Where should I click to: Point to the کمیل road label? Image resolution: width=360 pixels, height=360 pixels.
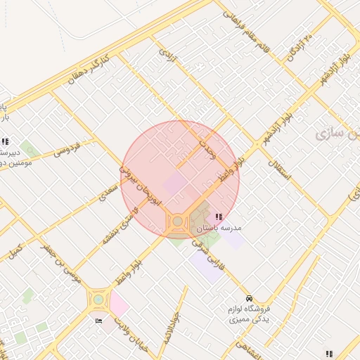tap(14, 250)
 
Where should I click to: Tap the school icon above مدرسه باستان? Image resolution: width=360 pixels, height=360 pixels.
tap(219, 217)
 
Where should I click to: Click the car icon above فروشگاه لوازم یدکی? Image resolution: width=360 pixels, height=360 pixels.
tap(250, 297)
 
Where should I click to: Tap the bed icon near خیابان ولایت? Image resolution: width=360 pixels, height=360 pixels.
tap(98, 321)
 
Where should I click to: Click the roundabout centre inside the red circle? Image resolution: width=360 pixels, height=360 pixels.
tap(178, 222)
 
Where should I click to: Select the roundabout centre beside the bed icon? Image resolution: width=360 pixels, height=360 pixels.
tap(98, 300)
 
